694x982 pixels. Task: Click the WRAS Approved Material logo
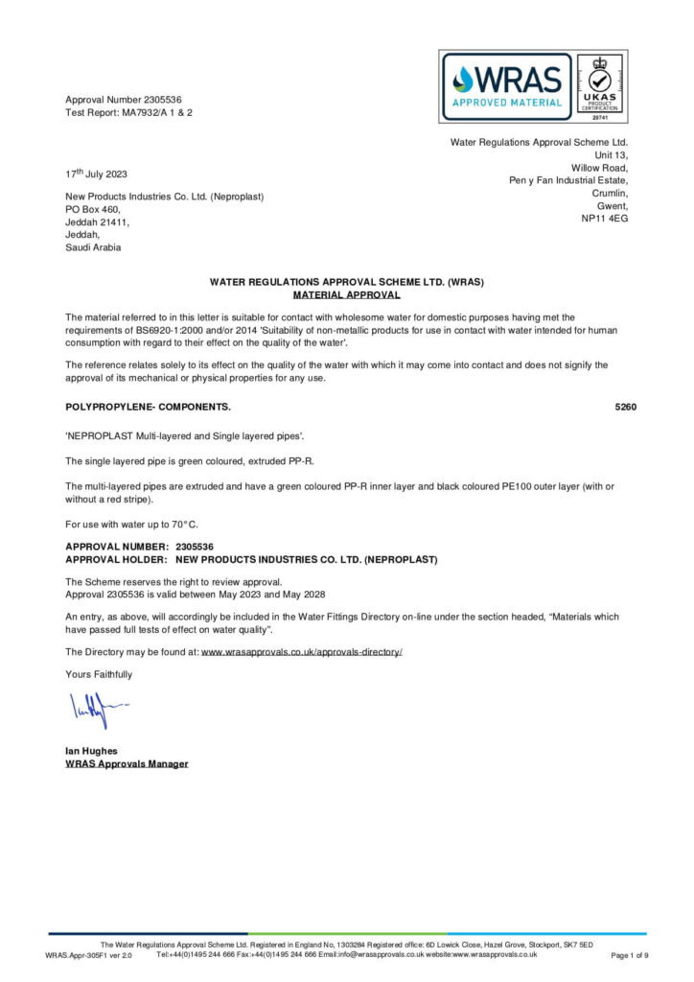[507, 86]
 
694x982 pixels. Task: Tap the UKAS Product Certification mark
[601, 86]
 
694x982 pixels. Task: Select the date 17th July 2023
[96, 175]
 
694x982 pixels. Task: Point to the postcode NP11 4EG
[604, 219]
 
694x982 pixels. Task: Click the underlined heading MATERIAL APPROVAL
[346, 295]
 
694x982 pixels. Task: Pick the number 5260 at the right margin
[625, 407]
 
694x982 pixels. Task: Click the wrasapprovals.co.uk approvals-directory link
[301, 652]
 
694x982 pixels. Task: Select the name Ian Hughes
[91, 751]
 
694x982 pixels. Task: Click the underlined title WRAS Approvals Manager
[127, 764]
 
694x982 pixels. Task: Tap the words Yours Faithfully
[99, 674]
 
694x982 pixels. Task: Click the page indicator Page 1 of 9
[629, 955]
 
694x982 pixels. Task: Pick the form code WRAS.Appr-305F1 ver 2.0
[88, 956]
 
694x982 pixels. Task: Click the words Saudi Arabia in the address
[93, 246]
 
